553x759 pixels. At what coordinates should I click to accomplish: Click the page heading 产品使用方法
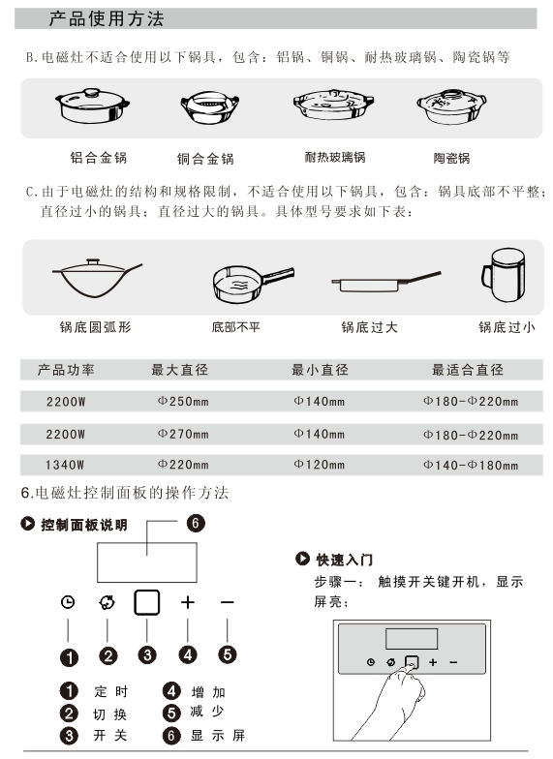[x=107, y=19]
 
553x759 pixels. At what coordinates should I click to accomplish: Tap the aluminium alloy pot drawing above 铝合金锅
[x=92, y=106]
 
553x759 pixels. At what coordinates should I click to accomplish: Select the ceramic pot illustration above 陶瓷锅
[x=451, y=106]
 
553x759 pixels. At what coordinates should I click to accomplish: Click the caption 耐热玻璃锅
[x=335, y=157]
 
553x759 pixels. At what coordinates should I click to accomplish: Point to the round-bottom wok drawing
[x=97, y=278]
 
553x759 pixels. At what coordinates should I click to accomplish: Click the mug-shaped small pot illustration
[x=504, y=275]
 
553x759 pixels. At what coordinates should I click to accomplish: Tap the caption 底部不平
[x=236, y=327]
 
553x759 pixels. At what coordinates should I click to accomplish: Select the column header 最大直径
[x=180, y=370]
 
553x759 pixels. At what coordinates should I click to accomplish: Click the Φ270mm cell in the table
[x=183, y=434]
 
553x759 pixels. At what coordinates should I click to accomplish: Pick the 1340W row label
[x=65, y=465]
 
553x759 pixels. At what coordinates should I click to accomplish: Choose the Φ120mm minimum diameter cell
[x=320, y=465]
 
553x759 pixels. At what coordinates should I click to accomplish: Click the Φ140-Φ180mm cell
[x=471, y=465]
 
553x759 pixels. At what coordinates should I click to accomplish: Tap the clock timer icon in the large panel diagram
[x=68, y=602]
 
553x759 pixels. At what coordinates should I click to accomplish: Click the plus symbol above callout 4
[x=188, y=602]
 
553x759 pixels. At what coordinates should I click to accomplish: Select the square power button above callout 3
[x=147, y=602]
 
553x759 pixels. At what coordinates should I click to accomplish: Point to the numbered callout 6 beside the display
[x=196, y=523]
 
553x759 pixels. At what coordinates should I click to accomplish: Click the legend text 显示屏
[x=218, y=736]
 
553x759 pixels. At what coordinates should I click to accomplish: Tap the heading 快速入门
[x=345, y=560]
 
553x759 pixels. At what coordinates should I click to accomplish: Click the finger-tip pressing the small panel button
[x=411, y=667]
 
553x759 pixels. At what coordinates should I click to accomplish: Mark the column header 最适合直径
[x=468, y=370]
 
